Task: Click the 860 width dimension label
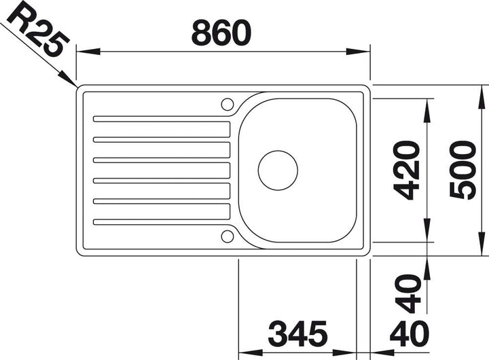(x=221, y=33)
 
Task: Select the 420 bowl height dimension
(x=406, y=170)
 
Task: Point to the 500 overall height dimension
(x=463, y=170)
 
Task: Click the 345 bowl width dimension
(x=298, y=334)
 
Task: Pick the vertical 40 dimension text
(x=408, y=293)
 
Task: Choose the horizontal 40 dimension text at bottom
(x=409, y=334)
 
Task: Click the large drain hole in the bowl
(x=278, y=170)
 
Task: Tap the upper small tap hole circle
(x=228, y=104)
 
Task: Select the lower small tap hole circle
(x=228, y=236)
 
